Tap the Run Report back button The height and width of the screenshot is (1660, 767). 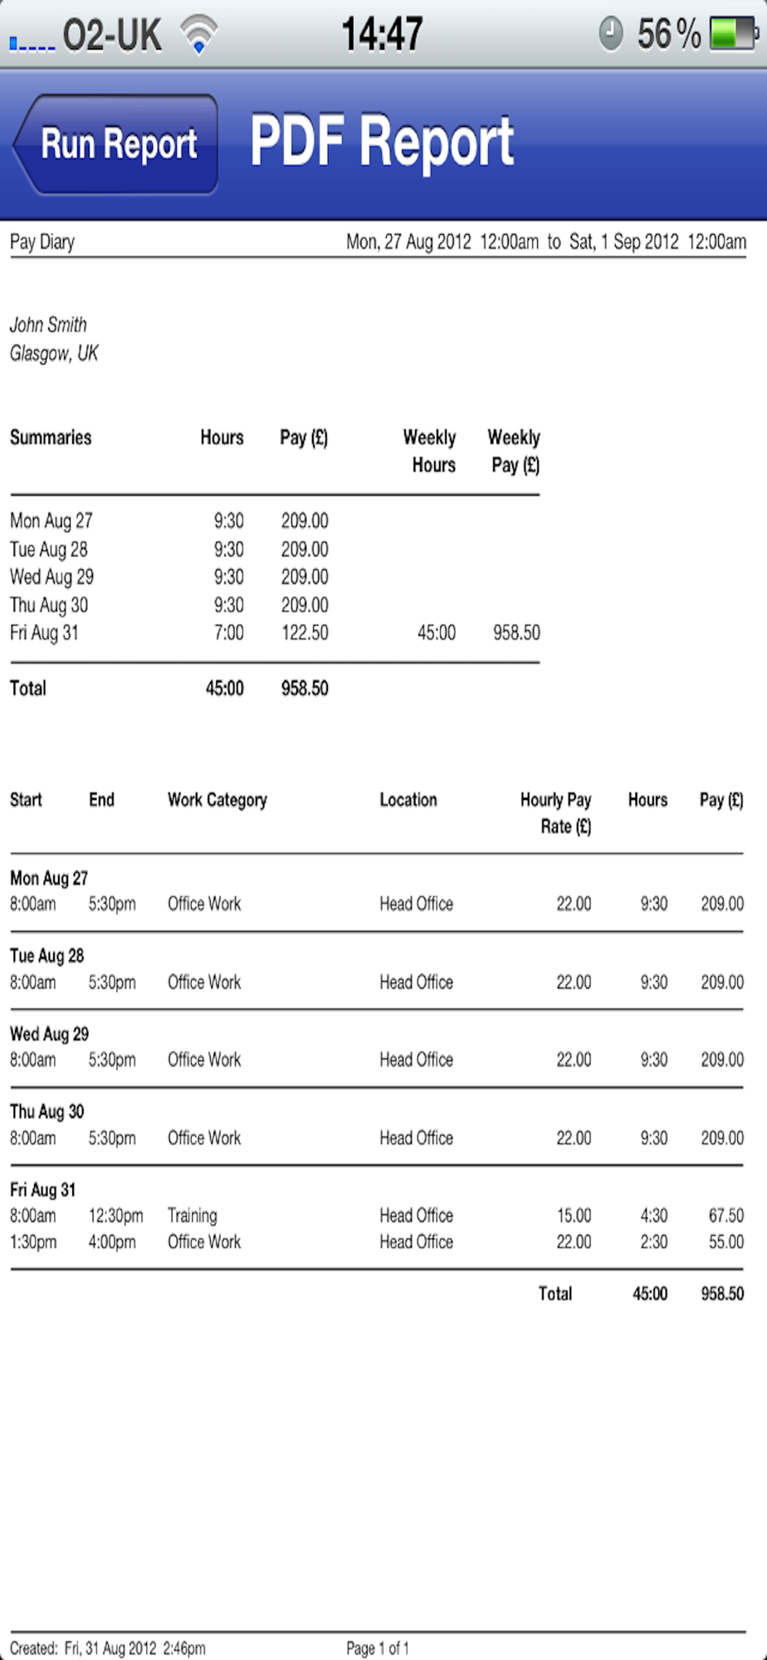(x=116, y=144)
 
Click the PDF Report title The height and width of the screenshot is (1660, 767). (x=382, y=143)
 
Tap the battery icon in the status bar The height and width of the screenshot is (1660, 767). (x=733, y=34)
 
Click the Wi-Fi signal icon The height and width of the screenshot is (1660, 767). (x=199, y=35)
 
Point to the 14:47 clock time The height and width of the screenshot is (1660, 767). (x=382, y=34)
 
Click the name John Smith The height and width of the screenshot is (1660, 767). (x=48, y=325)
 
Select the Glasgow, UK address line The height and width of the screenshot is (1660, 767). (x=54, y=354)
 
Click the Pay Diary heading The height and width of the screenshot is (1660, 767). (x=42, y=242)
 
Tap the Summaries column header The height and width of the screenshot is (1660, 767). (x=51, y=437)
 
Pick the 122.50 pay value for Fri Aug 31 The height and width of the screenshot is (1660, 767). (x=305, y=632)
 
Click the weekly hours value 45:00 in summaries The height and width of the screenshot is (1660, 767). (x=437, y=632)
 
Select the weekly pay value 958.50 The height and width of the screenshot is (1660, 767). (x=516, y=632)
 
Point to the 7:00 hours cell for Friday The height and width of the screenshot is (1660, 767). (x=228, y=632)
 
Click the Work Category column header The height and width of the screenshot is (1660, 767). (x=217, y=800)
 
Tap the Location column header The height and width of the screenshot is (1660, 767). (x=408, y=800)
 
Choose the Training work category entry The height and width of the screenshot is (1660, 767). (x=193, y=1216)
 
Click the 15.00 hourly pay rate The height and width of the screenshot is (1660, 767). (x=574, y=1216)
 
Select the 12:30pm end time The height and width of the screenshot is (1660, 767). (x=115, y=1216)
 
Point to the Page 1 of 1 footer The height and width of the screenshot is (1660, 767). (x=378, y=1648)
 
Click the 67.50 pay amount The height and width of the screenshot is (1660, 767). (x=725, y=1216)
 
